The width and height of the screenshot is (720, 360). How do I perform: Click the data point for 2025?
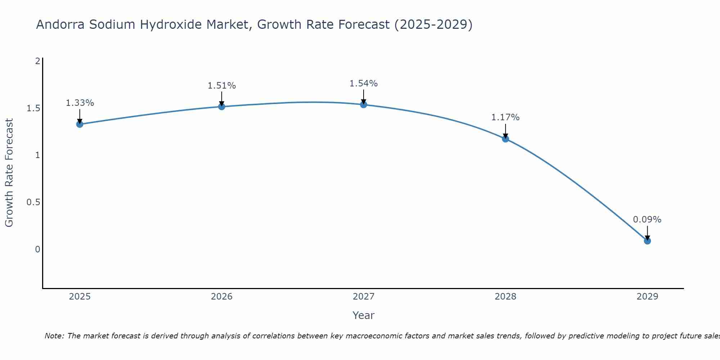point(80,124)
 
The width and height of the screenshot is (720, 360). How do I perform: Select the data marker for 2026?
point(221,107)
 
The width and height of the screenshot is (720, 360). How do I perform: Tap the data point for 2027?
point(363,105)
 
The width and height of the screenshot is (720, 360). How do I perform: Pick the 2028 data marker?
point(505,139)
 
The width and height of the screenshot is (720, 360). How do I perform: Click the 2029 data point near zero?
point(647,241)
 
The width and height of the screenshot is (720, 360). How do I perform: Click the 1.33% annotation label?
point(80,103)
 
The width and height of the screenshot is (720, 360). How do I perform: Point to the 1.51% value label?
point(221,86)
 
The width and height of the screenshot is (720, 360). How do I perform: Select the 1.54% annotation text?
point(363,84)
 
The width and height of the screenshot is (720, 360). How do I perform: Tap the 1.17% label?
point(505,117)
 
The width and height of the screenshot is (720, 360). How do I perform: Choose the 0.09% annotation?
point(647,220)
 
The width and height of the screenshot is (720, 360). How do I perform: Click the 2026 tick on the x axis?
point(221,297)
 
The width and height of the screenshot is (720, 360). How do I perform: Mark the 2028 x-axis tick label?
point(505,297)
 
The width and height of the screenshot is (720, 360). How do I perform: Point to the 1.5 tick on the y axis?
point(33,108)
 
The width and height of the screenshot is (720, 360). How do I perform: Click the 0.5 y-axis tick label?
point(33,202)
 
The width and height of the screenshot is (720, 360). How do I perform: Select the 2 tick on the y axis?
point(37,61)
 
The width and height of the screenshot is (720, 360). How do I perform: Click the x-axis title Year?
point(363,315)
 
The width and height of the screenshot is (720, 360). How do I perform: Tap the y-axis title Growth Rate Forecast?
point(9,173)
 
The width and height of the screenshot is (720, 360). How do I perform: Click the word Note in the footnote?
point(54,336)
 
